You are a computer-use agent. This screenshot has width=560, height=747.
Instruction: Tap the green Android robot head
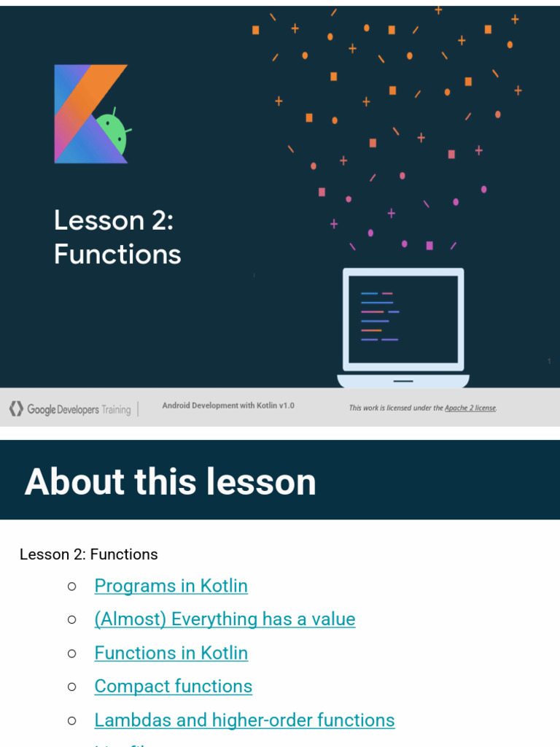112,133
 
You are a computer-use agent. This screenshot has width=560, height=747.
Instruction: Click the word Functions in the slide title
117,255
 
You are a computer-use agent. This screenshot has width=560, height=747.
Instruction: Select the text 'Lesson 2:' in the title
114,220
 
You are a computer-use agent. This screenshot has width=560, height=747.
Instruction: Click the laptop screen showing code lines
403,319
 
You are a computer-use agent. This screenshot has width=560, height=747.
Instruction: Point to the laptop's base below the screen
403,381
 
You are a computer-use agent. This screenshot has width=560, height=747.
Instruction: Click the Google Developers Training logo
70,409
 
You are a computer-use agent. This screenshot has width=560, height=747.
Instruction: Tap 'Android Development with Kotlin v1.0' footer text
228,406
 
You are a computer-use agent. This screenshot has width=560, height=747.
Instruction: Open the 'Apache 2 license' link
470,408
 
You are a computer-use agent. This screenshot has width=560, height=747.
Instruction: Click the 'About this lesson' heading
171,481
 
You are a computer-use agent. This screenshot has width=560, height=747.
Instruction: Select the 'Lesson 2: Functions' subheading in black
89,554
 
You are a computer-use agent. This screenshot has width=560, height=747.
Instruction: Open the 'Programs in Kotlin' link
171,586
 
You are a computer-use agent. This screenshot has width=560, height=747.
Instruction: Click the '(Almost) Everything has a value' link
225,619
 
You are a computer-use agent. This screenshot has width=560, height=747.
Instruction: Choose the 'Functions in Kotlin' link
171,653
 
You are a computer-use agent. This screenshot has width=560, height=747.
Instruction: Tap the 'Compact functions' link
174,686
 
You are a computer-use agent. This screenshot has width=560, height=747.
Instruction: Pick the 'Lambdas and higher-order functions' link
245,720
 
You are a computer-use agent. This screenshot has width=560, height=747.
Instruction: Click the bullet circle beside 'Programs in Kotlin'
71,586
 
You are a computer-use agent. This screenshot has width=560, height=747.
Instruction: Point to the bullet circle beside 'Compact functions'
71,686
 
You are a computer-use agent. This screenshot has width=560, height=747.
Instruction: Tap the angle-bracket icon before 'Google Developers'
16,409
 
